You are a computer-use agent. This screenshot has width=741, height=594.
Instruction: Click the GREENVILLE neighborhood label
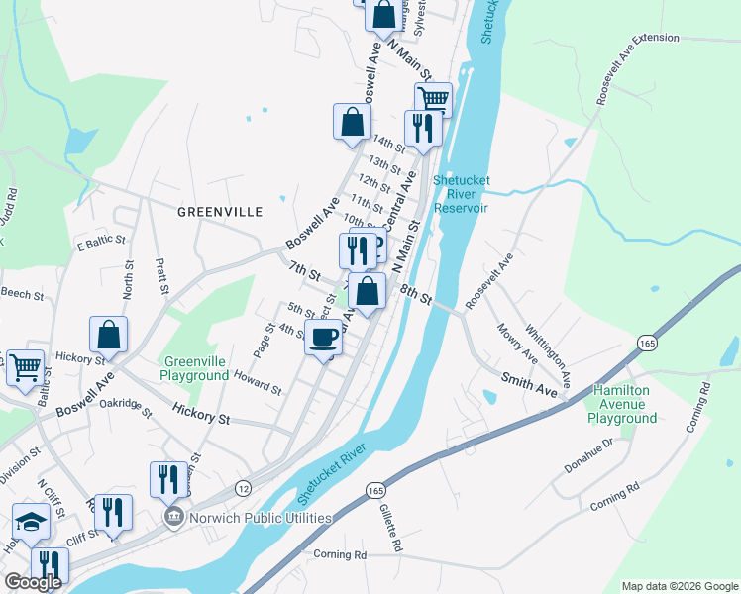click(x=220, y=212)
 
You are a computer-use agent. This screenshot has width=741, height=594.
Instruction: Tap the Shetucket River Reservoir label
click(x=461, y=194)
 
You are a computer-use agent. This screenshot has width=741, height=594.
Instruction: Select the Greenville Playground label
click(x=196, y=369)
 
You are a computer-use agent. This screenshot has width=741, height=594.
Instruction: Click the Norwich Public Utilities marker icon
click(x=173, y=517)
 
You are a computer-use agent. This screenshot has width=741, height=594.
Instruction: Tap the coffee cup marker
click(x=323, y=339)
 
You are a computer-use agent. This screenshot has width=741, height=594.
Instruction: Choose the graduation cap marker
click(x=30, y=522)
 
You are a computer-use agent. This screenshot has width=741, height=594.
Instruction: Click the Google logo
click(x=34, y=582)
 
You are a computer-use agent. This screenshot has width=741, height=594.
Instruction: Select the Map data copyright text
click(x=680, y=586)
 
